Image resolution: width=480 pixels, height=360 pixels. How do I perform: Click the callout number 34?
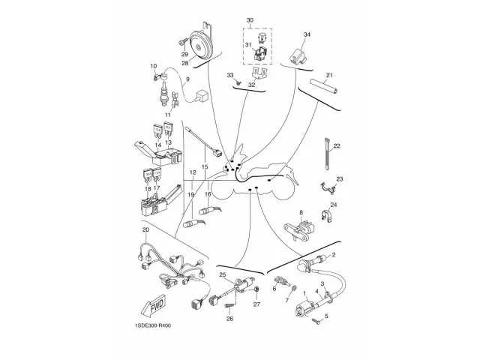point(307,35)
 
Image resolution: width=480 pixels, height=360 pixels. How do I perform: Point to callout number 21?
point(329,75)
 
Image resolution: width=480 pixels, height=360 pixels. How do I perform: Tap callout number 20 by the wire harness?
point(146,229)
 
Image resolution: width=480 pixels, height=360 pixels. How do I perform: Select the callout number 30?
point(250,19)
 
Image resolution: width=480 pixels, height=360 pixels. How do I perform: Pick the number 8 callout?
point(301,213)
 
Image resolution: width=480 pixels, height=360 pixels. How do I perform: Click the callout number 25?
point(222,276)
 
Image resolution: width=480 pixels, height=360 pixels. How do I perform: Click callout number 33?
point(231,76)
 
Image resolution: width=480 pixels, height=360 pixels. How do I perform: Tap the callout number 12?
point(193,173)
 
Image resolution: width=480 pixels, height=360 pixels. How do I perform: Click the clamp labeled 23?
point(327,187)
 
